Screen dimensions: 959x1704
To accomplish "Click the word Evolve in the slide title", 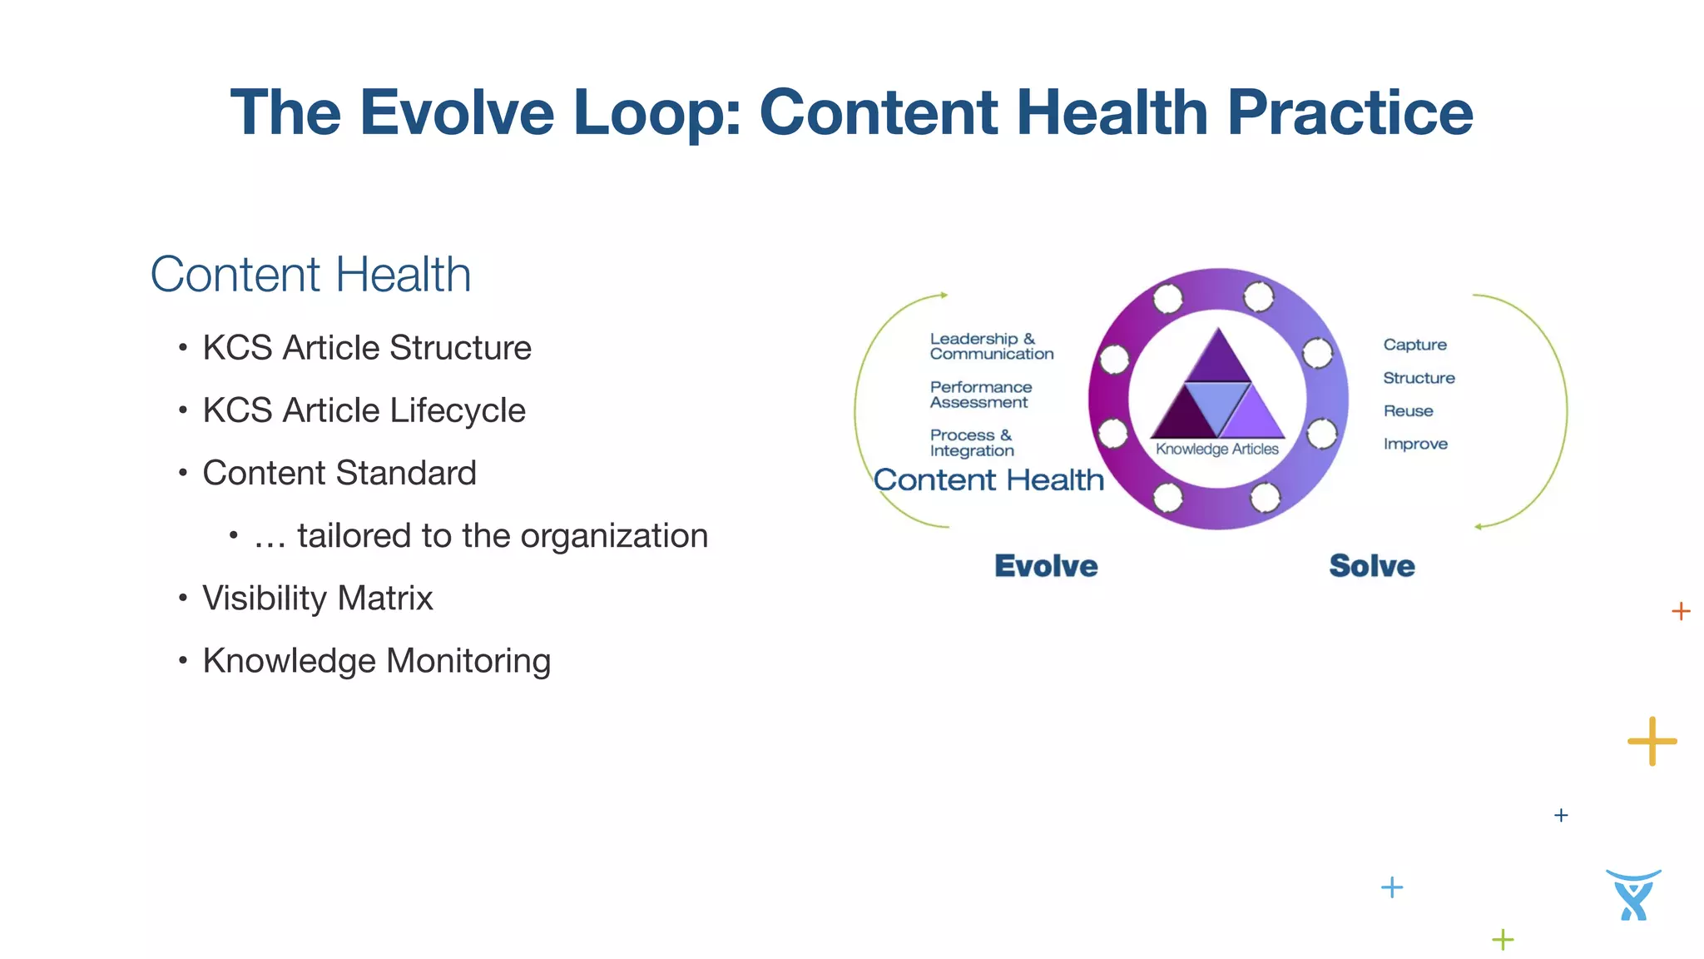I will [456, 113].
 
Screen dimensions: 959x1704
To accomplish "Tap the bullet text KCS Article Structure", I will [366, 348].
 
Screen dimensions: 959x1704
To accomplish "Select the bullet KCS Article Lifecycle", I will [364, 410].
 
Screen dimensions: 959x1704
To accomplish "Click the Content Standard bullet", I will [339, 473].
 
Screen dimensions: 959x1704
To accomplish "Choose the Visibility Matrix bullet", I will [317, 598].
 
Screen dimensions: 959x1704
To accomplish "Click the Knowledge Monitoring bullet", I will [376, 661].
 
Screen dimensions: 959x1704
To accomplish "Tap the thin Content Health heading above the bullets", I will [310, 275].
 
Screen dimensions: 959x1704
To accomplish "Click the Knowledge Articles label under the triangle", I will [1216, 450].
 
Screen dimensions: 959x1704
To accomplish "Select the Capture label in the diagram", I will [1414, 345].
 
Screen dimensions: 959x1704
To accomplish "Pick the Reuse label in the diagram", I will [1408, 411].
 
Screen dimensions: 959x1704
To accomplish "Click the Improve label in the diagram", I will [1415, 445].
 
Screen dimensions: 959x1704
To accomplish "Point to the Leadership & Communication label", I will [991, 346].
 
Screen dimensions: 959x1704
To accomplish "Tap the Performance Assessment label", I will [980, 395].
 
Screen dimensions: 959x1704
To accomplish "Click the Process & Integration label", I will [971, 443].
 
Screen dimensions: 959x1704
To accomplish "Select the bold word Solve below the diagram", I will [1371, 566].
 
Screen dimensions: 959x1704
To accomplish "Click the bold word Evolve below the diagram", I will [1046, 566].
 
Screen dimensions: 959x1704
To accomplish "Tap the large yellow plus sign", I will [1652, 741].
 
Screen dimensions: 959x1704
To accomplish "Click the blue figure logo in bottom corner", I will [1632, 896].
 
